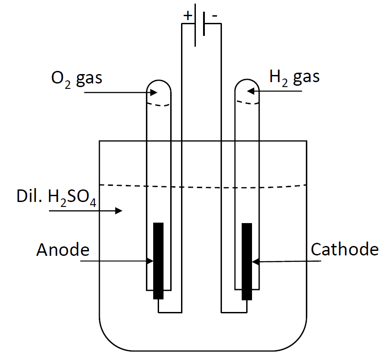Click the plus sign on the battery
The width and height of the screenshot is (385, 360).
(x=187, y=16)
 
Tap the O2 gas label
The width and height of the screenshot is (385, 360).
(x=76, y=78)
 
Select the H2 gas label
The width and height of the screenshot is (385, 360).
(x=294, y=77)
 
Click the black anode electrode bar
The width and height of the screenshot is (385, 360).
(x=158, y=260)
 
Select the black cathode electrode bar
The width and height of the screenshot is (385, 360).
(x=247, y=260)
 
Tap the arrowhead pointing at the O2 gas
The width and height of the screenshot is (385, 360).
(x=154, y=93)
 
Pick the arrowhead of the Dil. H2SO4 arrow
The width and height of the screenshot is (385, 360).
(x=119, y=210)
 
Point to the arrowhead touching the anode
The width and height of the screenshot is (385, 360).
(x=150, y=260)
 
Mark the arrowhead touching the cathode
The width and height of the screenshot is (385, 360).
(x=255, y=261)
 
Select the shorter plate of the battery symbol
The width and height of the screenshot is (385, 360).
(x=204, y=23)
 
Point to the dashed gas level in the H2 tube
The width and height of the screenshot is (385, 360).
(x=248, y=103)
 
